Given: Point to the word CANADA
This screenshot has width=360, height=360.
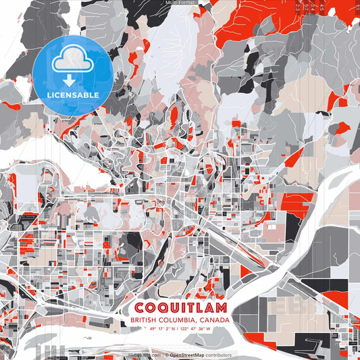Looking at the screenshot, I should [214, 320].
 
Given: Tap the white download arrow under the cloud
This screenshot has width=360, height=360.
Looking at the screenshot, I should [70, 79].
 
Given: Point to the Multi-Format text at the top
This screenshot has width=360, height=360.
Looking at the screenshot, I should [180, 3].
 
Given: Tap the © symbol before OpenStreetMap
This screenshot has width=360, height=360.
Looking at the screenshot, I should [167, 355].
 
